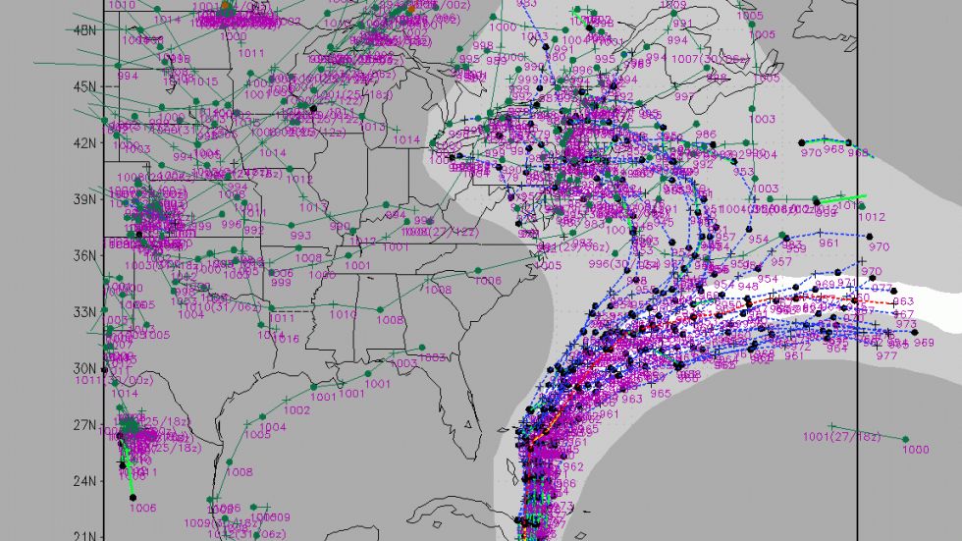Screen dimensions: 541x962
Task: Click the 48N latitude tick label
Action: (x=85, y=29)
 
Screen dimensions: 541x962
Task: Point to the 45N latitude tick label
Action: (x=85, y=85)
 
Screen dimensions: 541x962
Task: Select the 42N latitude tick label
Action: (x=85, y=142)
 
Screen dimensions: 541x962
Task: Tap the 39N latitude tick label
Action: (x=85, y=198)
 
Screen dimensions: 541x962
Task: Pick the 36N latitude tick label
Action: (x=85, y=255)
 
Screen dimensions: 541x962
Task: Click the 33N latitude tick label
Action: (x=85, y=312)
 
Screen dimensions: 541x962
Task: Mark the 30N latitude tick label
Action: (x=85, y=368)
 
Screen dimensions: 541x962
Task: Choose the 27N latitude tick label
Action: (x=85, y=425)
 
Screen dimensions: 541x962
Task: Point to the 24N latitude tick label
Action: (x=85, y=481)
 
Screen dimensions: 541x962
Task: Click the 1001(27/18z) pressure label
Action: (x=842, y=437)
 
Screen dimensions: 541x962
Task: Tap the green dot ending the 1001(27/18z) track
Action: (x=905, y=440)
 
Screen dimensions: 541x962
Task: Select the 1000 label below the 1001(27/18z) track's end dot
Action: (x=915, y=450)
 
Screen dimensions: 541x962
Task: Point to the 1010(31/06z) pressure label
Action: (x=212, y=307)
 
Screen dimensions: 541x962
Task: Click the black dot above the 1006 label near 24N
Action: (x=133, y=498)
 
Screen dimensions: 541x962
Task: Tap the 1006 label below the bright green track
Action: (x=143, y=508)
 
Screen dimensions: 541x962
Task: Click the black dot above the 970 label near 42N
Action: (x=849, y=143)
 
